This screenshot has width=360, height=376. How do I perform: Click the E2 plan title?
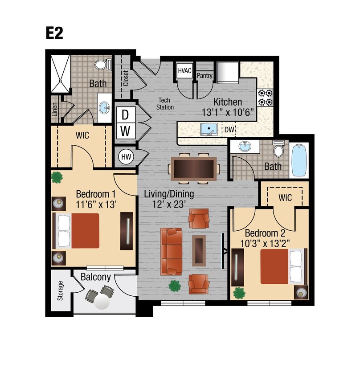coord(54,33)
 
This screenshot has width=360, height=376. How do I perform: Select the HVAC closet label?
coord(184,70)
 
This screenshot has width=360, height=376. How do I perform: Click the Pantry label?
coord(205,76)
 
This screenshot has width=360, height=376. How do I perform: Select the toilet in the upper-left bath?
coord(102,65)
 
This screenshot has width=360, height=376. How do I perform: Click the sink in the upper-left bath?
coord(104,107)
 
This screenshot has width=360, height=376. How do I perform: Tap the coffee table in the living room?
coord(199,249)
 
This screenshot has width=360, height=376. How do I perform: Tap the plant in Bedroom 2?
coord(239,293)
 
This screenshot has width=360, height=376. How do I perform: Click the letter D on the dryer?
coord(126,114)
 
